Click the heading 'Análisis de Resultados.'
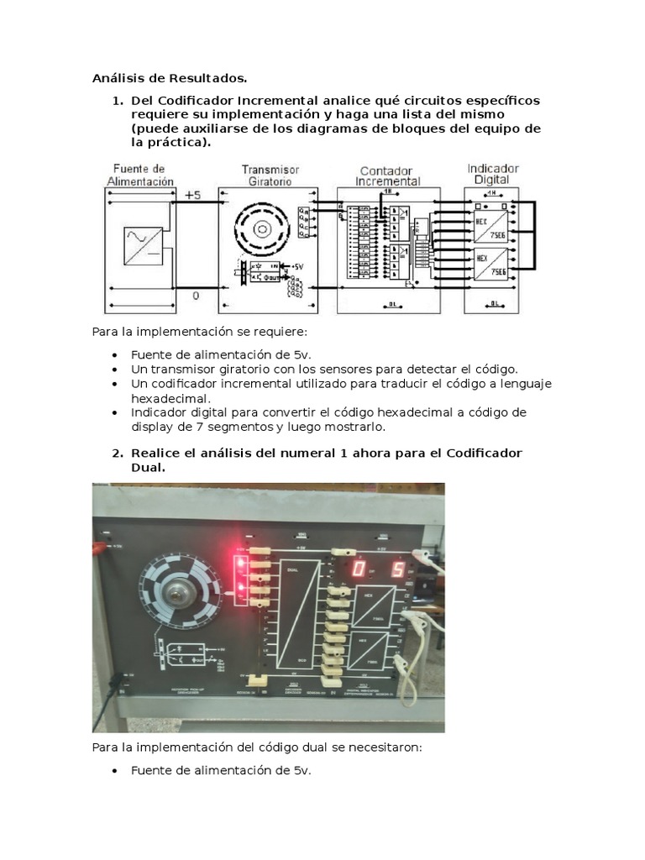point(170,79)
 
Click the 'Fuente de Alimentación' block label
point(140,175)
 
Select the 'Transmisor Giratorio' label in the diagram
point(270,175)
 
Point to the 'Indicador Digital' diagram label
point(492,174)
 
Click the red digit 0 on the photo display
point(359,571)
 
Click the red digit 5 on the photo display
point(398,571)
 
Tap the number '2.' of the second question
point(118,453)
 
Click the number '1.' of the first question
point(118,100)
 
